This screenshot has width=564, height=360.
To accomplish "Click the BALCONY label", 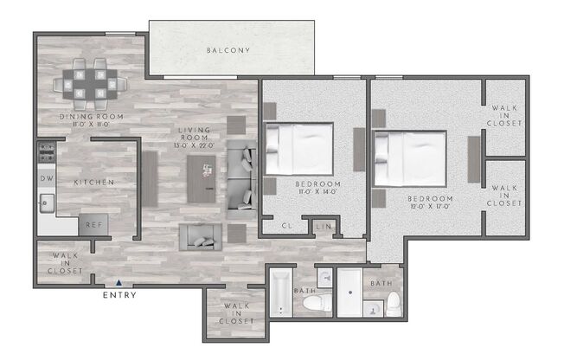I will [x=228, y=50].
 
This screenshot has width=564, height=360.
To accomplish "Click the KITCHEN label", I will [x=94, y=183].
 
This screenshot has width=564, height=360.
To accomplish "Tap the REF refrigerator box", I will [x=93, y=223].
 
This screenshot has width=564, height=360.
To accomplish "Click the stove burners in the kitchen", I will [x=45, y=154].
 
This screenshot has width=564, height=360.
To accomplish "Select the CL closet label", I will [x=287, y=227].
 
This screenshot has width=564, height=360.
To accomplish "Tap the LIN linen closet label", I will [x=324, y=227].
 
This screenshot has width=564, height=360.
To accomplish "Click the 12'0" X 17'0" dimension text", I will [x=431, y=209].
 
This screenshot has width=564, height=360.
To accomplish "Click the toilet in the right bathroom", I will [x=394, y=304].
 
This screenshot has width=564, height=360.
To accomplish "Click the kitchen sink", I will [x=45, y=204].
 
